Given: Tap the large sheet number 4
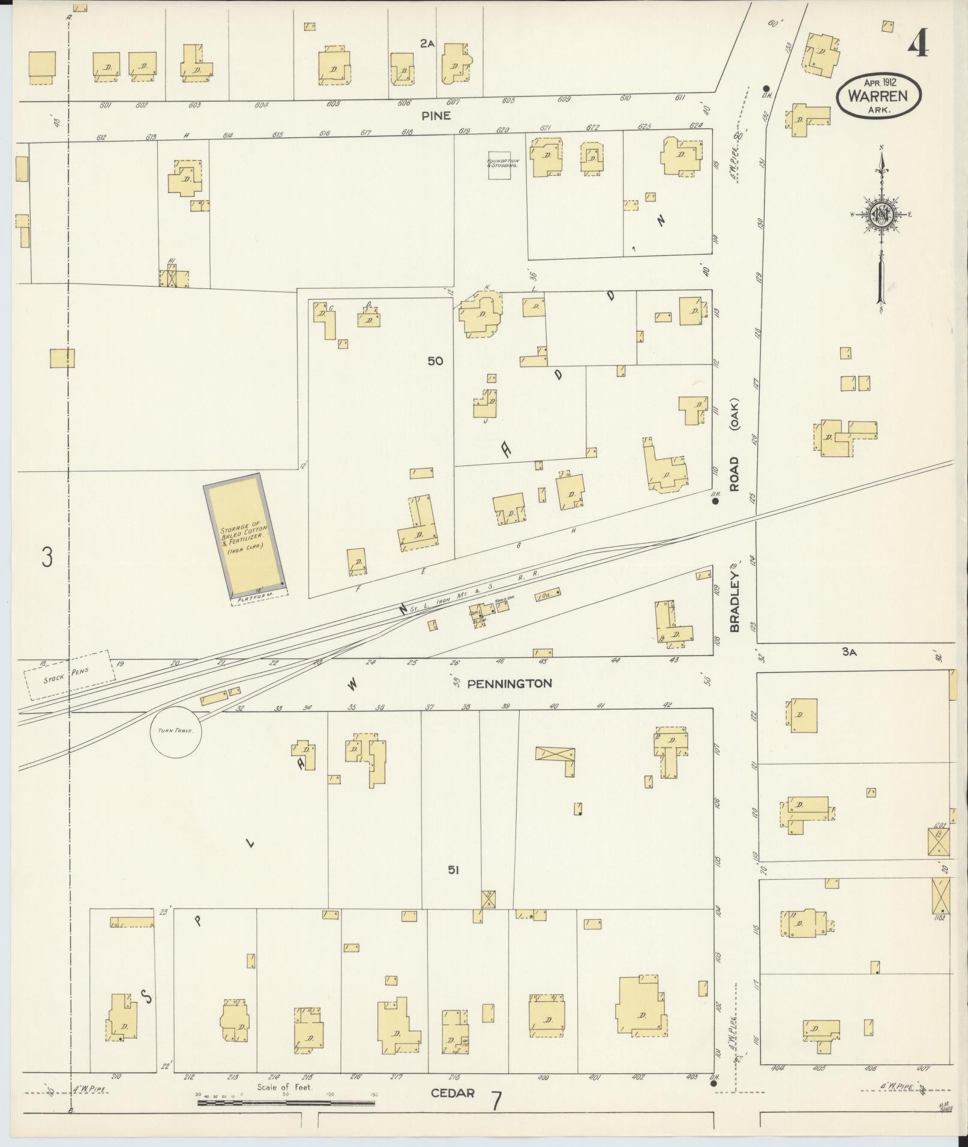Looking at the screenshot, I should (x=918, y=43).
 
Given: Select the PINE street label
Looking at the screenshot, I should (x=436, y=116).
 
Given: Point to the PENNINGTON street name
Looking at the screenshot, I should (x=510, y=683).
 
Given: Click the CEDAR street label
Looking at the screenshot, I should (x=452, y=1092).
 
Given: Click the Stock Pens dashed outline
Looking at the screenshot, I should (x=69, y=675).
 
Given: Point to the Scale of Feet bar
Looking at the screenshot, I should (x=287, y=1094).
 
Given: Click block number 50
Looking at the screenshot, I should (x=435, y=361).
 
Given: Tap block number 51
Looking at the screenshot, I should (x=452, y=870).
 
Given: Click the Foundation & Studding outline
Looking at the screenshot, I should (x=502, y=165).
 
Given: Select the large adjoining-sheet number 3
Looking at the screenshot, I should (x=46, y=557).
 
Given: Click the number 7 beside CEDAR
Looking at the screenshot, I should (x=496, y=1101).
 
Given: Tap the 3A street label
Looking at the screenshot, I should (x=848, y=652).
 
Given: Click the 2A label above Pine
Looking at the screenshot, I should (x=427, y=43).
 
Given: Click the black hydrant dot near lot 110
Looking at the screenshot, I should (x=715, y=501).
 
